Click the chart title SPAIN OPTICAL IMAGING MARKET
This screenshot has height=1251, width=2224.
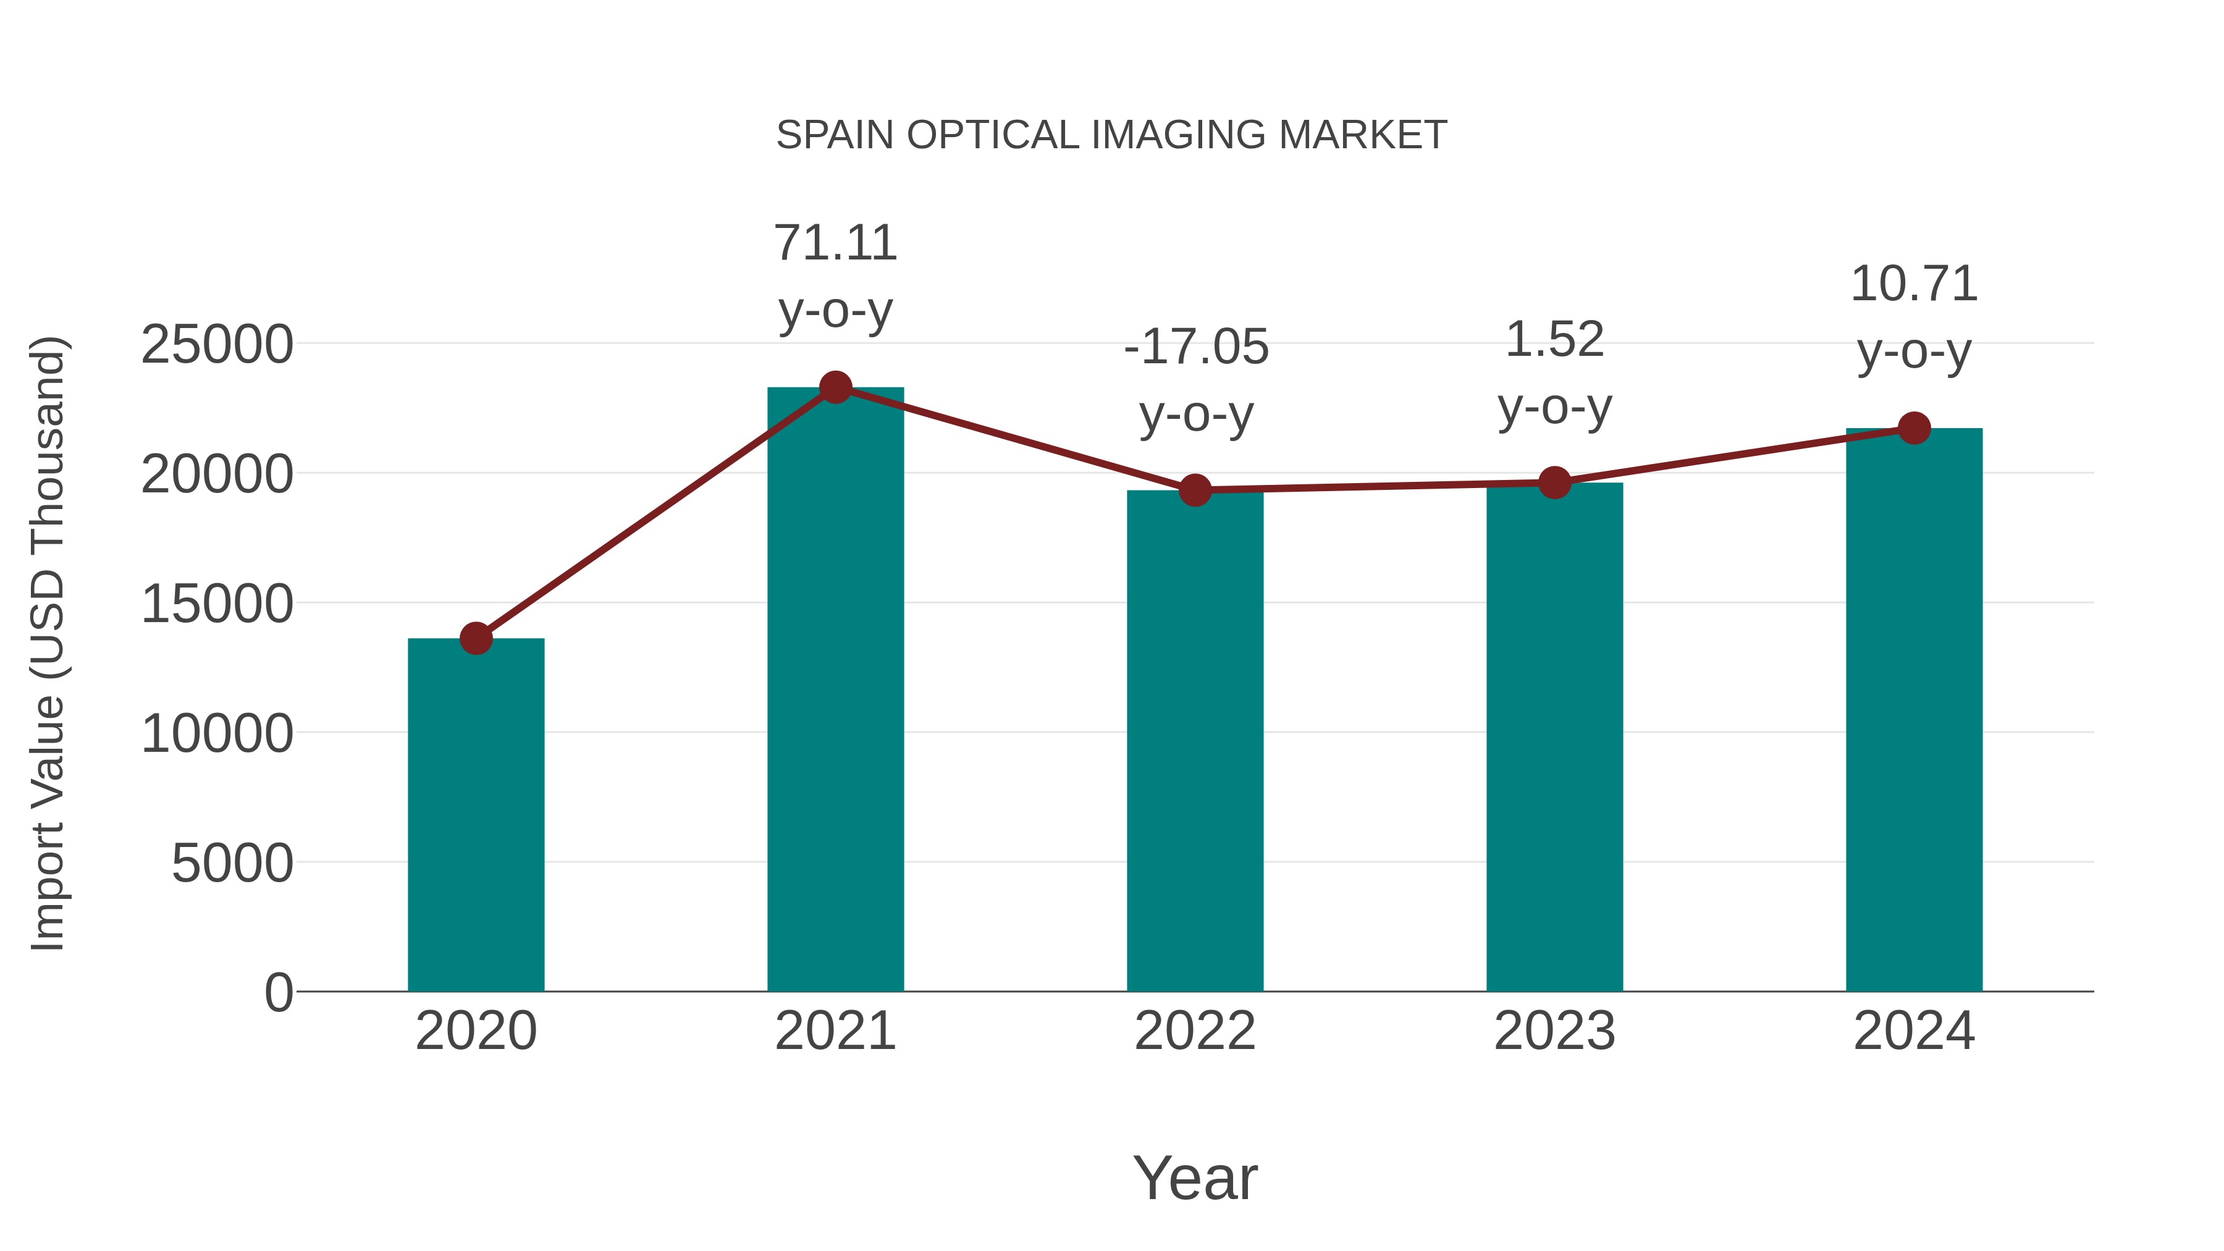(1111, 135)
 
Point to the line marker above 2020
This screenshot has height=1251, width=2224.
(476, 638)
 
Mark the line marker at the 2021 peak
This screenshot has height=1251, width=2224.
(835, 387)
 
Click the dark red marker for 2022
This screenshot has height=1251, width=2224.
(1195, 491)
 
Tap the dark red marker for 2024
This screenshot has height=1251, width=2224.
(1914, 428)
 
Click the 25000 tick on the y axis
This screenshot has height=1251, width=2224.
(217, 345)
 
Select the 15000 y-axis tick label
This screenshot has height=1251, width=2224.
(217, 604)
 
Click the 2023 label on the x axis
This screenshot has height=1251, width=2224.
(1554, 1031)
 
